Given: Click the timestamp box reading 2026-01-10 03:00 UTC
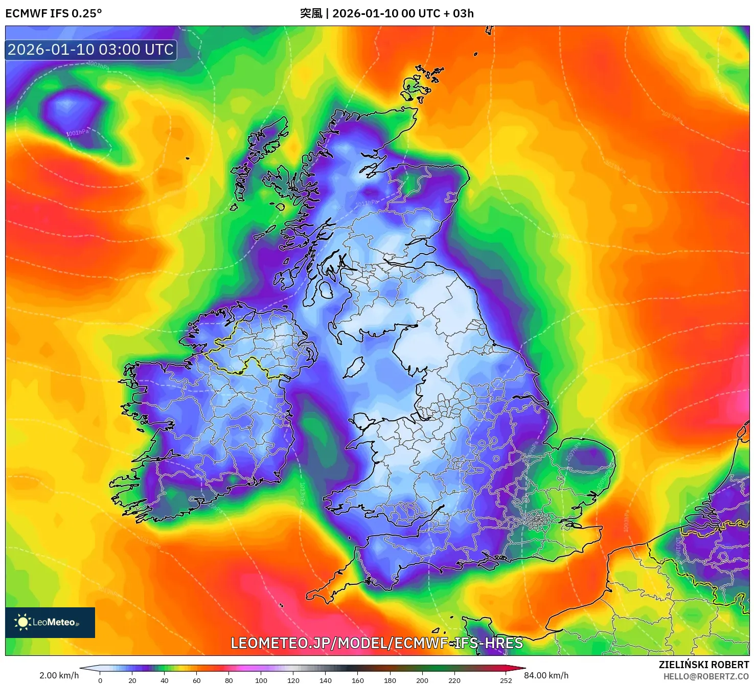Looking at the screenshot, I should [x=91, y=50].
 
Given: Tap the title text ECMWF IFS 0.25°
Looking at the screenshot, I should [x=54, y=13].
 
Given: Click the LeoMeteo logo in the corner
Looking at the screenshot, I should [x=50, y=622].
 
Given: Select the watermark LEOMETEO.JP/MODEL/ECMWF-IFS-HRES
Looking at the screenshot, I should [x=377, y=643].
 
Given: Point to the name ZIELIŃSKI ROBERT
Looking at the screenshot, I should [x=703, y=665].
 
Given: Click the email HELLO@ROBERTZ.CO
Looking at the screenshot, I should [x=706, y=676].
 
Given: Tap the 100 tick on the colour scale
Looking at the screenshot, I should [x=261, y=680].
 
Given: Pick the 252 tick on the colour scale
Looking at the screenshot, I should [x=506, y=680].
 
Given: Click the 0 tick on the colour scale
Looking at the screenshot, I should [x=100, y=680].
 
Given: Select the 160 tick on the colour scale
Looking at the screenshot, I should [x=357, y=680].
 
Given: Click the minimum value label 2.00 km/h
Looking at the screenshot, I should [x=59, y=675].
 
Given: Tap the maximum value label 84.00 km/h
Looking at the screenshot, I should [x=546, y=675].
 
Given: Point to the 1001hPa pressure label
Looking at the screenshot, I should [x=77, y=133].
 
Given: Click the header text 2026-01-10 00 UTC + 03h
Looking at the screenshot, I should [x=403, y=13].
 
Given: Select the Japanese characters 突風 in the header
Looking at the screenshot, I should [x=311, y=13].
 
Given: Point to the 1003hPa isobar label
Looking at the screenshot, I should [x=98, y=65].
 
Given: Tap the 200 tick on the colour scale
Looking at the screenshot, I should [x=422, y=680].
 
